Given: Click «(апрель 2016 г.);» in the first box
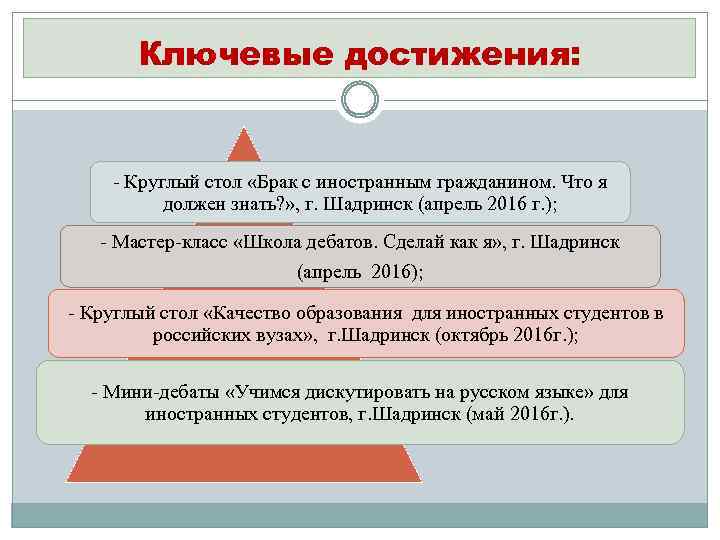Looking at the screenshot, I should tap(506, 206).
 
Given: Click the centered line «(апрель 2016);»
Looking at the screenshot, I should tap(360, 271).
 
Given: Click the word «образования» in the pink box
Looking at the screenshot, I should tap(334, 313).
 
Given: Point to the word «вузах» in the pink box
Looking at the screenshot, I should tap(276, 336).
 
